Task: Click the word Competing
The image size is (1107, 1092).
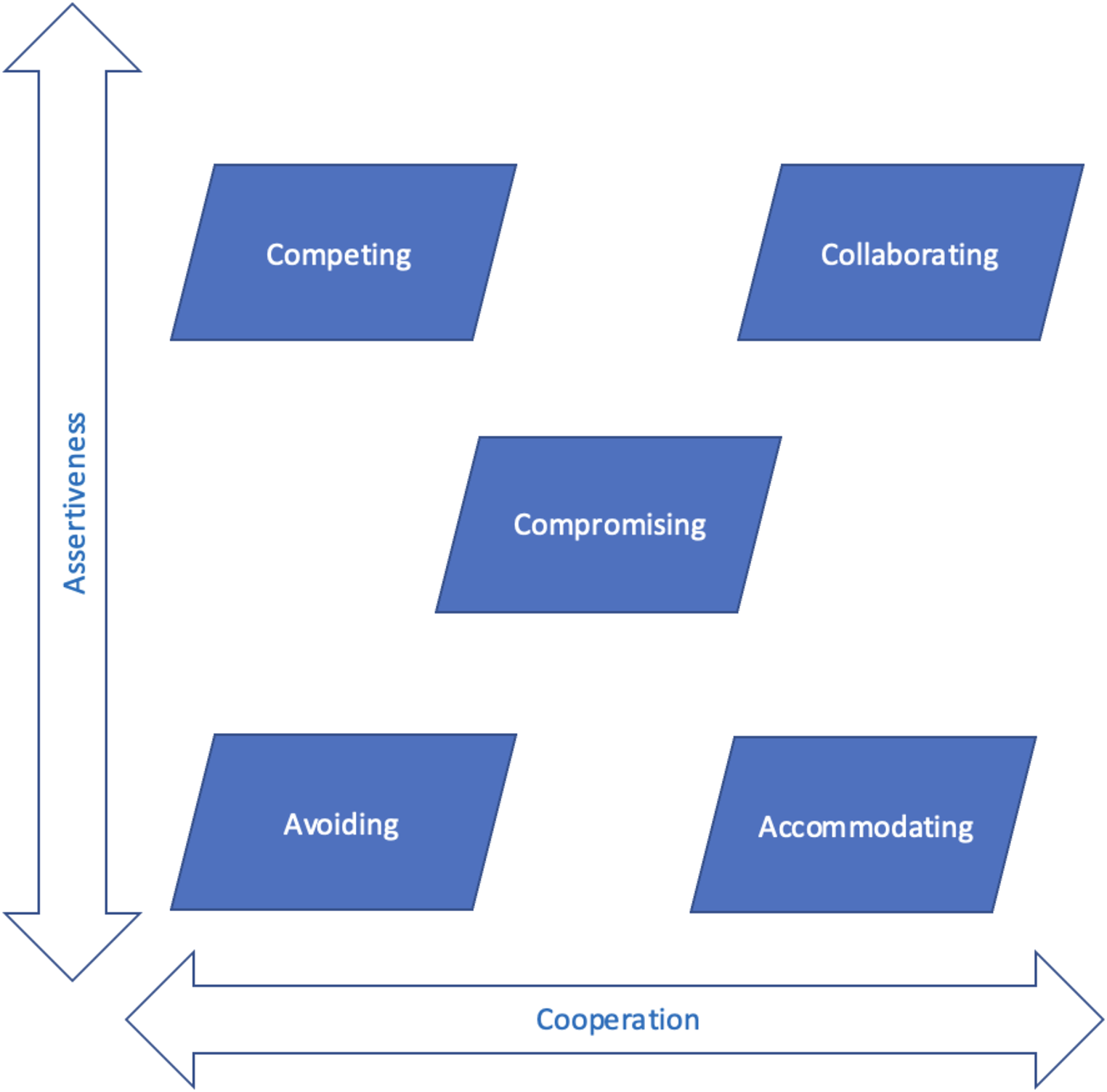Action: click(338, 255)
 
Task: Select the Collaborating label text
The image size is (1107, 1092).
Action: click(909, 255)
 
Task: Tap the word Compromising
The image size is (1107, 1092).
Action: click(609, 525)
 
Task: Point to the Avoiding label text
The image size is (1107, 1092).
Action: click(341, 825)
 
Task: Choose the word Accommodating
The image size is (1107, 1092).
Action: click(866, 827)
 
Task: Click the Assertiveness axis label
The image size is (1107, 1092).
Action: click(75, 503)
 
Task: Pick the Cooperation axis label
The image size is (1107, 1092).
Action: click(617, 1019)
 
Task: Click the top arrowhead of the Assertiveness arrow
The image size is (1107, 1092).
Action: click(72, 36)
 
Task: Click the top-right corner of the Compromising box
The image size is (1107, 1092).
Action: click(779, 438)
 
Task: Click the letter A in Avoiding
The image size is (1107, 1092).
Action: click(293, 825)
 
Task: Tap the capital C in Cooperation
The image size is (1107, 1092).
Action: click(546, 1019)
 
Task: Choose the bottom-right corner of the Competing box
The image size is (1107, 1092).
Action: click(472, 339)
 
